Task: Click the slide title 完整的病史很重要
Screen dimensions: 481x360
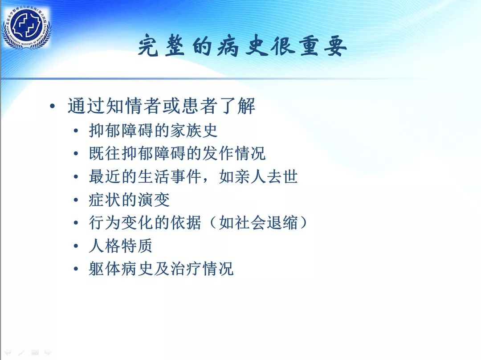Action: (x=242, y=47)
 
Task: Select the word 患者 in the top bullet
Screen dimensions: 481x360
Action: (x=200, y=106)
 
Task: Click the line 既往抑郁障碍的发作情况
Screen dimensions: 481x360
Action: (x=177, y=153)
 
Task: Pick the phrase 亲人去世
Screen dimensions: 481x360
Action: (x=258, y=177)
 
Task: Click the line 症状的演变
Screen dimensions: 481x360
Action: (x=129, y=200)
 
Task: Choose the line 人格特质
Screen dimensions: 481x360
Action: (x=121, y=246)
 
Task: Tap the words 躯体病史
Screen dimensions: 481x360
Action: (x=121, y=269)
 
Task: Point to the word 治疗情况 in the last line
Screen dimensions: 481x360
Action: (x=202, y=269)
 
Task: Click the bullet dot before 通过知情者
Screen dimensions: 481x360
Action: (x=53, y=106)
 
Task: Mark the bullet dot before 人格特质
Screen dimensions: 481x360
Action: (x=76, y=246)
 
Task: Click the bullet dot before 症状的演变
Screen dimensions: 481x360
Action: (x=76, y=200)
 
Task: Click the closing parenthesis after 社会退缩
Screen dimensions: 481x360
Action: (x=303, y=223)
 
